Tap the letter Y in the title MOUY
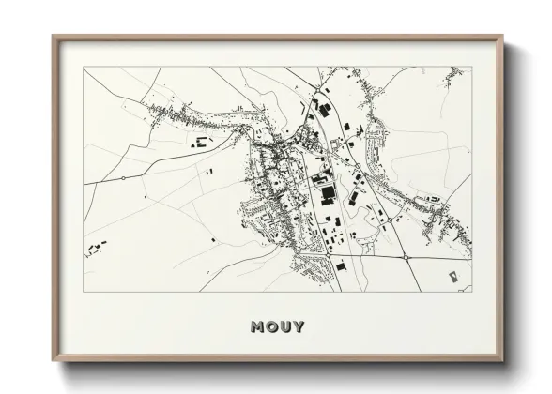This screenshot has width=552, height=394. [x=299, y=326]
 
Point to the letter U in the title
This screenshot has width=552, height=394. [x=284, y=326]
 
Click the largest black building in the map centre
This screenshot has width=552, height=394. [x=328, y=193]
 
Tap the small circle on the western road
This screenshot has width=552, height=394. [x=123, y=177]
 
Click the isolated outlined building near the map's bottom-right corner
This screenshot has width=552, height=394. [x=453, y=277]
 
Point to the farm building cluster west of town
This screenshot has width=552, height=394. [x=199, y=143]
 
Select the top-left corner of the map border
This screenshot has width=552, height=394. [x=84, y=67]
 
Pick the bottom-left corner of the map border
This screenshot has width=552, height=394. [x=84, y=292]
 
